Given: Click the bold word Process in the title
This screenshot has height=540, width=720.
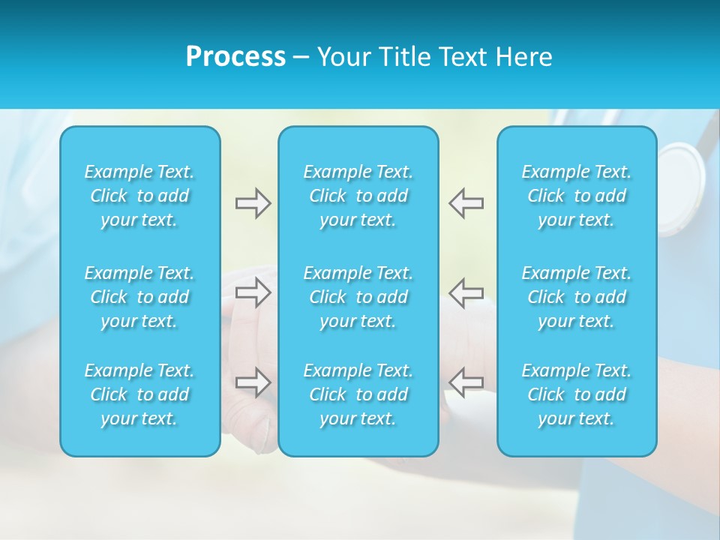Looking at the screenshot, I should click(x=235, y=57).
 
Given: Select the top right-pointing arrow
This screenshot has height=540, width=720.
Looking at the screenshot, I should click(x=253, y=203).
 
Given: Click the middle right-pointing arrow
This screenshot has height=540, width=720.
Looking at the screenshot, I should click(x=253, y=292).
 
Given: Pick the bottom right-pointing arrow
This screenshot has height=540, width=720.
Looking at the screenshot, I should click(x=253, y=382).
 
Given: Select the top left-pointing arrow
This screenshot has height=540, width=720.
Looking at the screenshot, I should click(x=466, y=203).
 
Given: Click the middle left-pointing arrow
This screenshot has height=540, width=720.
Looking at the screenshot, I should click(x=466, y=292).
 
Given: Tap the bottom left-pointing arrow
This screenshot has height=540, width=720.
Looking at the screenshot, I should click(x=466, y=382).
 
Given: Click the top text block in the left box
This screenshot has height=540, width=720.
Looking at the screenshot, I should click(x=139, y=196).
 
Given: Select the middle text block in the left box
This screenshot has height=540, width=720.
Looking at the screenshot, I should click(x=139, y=297).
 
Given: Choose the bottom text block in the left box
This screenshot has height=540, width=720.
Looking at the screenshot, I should click(x=139, y=394).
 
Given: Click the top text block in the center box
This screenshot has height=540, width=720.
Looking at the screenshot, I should click(x=358, y=196).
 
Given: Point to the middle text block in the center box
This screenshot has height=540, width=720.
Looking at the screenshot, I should click(x=358, y=297).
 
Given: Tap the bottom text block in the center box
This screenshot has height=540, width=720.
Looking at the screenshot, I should click(x=358, y=394).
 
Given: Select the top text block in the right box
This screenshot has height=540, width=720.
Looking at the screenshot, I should click(x=576, y=196).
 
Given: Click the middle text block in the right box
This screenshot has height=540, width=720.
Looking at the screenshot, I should click(x=576, y=297).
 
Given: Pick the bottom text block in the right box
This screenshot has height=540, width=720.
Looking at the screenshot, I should click(x=576, y=394).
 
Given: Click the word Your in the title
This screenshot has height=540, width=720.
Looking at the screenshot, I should click(x=342, y=57).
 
